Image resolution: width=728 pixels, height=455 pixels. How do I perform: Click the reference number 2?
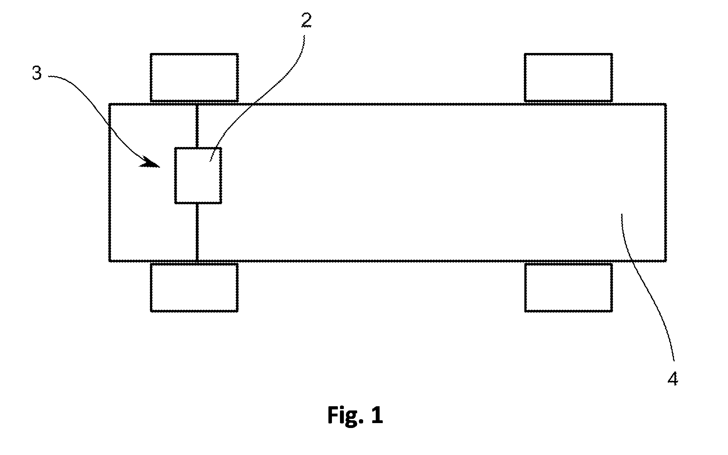click(x=306, y=21)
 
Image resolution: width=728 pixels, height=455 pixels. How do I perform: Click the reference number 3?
click(x=37, y=74)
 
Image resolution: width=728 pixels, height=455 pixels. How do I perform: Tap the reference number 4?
click(x=672, y=379)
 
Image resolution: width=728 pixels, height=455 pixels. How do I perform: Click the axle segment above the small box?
click(x=197, y=126)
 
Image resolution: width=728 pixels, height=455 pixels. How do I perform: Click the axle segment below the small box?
click(x=197, y=232)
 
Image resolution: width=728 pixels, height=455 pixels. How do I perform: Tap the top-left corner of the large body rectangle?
click(x=110, y=104)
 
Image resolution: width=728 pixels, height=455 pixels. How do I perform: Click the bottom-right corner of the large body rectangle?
click(x=665, y=261)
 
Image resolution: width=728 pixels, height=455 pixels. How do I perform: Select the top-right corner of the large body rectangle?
click(x=665, y=104)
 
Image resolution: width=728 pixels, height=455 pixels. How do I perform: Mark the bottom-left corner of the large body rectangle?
click(x=110, y=261)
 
